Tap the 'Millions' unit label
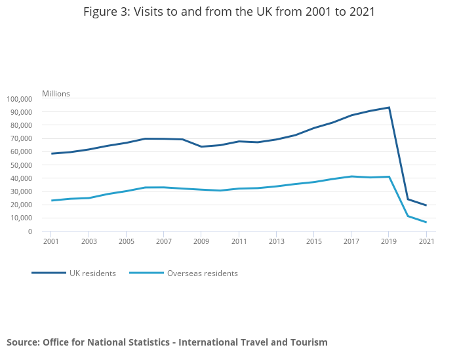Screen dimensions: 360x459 click(56, 94)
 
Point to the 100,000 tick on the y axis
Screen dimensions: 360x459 click(19, 99)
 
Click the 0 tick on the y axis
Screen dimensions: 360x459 click(30, 231)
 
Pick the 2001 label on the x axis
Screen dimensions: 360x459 click(51, 242)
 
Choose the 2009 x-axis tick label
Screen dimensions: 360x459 click(201, 242)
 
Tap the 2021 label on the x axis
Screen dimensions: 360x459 click(426, 242)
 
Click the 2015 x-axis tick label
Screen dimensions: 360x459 click(314, 242)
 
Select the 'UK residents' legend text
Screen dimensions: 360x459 click(92, 273)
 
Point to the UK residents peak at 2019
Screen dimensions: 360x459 click(389, 108)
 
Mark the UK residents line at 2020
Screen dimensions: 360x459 click(408, 199)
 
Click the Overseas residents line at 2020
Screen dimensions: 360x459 click(408, 216)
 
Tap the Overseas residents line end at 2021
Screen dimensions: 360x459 click(426, 222)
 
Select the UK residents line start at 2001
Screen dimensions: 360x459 click(51, 153)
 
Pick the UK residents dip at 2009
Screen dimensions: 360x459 click(201, 147)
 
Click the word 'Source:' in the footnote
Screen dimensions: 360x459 click(23, 342)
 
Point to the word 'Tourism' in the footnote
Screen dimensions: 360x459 click(307, 342)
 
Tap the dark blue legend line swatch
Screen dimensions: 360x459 click(49, 273)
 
